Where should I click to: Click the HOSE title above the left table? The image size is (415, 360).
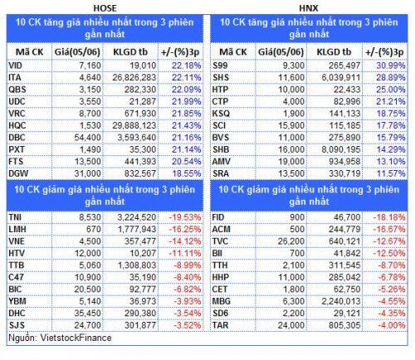pos(105,8)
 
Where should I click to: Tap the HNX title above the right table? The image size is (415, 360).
pos(309,8)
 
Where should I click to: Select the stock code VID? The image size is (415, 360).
pos(15,66)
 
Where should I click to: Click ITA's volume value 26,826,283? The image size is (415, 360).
pos(134,78)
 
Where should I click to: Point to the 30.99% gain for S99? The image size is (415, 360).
pos(391,66)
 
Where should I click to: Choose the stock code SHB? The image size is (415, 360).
pos(221,149)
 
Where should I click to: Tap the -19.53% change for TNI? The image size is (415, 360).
pos(185,217)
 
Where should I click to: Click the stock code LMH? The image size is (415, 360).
pos(17,229)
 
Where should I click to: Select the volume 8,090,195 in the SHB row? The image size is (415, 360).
pos(341,149)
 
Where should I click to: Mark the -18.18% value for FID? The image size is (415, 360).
pos(389,217)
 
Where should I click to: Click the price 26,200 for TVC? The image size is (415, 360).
pos(291,241)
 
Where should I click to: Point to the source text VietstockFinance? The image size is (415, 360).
pos(76,338)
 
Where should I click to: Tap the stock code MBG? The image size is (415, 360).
pos(221,301)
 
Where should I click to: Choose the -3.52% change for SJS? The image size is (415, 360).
pos(188,325)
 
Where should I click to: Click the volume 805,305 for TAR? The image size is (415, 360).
pos(344,325)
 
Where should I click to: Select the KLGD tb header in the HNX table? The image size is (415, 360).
pos(334,52)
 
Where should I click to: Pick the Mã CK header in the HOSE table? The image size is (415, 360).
pos(29,52)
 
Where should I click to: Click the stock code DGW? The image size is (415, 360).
pos(18,173)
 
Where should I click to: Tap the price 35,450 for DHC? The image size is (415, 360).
pos(87,314)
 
